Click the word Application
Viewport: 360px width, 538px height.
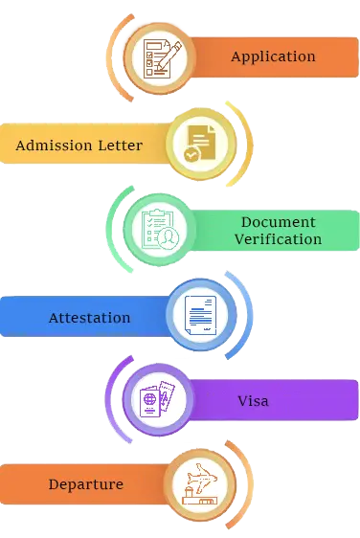pos(273,56)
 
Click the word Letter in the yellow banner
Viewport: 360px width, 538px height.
pos(117,146)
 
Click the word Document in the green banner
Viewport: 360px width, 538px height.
pos(279,222)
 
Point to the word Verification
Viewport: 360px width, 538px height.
pos(279,238)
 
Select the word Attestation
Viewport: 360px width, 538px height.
pos(90,317)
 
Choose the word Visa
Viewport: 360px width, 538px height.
pos(253,400)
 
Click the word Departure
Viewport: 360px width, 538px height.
pos(86,484)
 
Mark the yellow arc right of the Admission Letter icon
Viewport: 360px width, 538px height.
pos(247,144)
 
